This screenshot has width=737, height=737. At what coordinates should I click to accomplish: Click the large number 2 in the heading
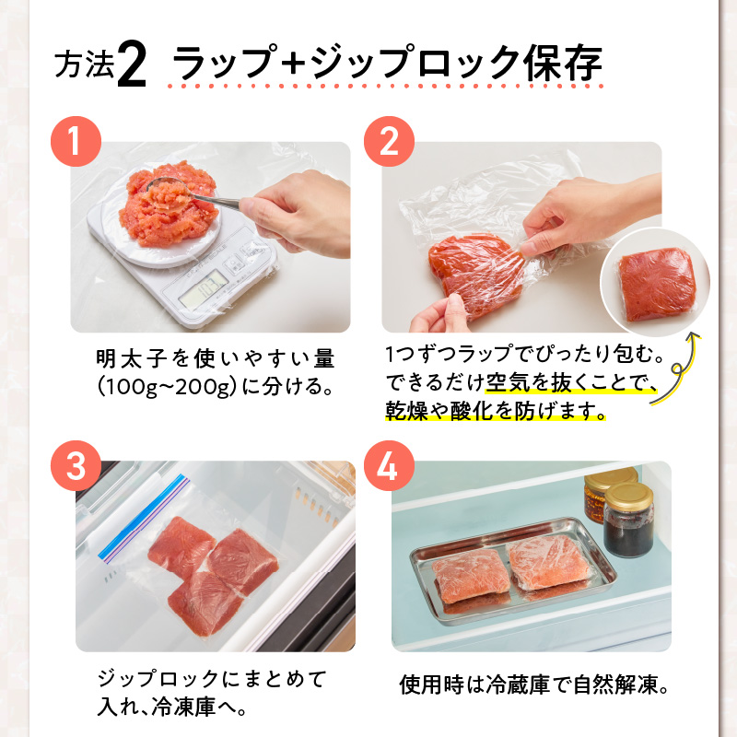pyautogui.click(x=132, y=64)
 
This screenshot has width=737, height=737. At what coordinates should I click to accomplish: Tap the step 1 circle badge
pyautogui.click(x=76, y=141)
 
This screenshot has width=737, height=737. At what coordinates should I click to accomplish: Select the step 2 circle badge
pyautogui.click(x=389, y=141)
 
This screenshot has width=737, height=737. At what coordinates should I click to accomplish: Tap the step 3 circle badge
pyautogui.click(x=76, y=465)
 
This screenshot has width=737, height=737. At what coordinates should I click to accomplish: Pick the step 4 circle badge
pyautogui.click(x=389, y=465)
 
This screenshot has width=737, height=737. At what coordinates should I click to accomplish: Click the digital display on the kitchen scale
pyautogui.click(x=204, y=289)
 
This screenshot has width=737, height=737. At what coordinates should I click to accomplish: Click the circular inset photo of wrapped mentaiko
pyautogui.click(x=655, y=282)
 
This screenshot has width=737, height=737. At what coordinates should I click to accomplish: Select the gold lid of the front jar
pyautogui.click(x=628, y=496)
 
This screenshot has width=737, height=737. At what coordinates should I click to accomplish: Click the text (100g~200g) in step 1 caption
pyautogui.click(x=167, y=387)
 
